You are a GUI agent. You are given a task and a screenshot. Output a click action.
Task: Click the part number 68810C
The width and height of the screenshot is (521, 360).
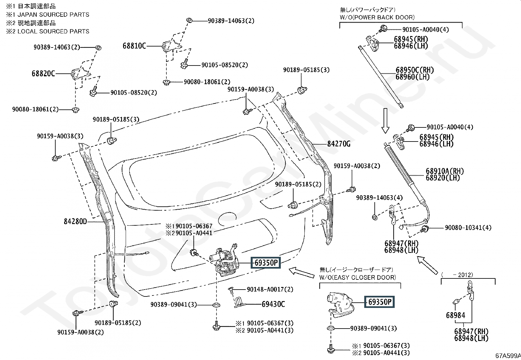[x=134, y=46]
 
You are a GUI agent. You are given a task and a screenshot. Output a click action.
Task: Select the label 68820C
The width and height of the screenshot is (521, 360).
[x=43, y=74]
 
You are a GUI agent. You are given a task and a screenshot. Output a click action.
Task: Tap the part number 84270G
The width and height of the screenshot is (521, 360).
[x=339, y=144]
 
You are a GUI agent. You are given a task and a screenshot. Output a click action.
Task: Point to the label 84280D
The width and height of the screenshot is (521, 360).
[x=75, y=221]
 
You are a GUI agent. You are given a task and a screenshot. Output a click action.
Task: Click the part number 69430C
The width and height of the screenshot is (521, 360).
[x=273, y=304]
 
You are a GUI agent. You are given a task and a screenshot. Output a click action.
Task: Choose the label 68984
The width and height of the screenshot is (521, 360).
[x=456, y=315]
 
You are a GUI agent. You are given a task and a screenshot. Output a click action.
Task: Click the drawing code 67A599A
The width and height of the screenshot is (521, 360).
[x=508, y=355]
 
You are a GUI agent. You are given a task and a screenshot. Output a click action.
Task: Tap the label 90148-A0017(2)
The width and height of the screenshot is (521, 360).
[x=270, y=289]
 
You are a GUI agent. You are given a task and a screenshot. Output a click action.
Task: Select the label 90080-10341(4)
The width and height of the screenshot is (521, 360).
[x=468, y=228]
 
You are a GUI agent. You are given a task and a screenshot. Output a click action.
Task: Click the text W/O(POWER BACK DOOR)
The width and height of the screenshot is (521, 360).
[x=377, y=17]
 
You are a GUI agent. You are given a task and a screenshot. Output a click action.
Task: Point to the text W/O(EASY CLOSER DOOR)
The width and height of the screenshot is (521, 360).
[x=357, y=277]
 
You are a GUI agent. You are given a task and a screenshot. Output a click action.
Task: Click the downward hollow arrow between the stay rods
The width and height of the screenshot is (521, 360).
[x=386, y=121]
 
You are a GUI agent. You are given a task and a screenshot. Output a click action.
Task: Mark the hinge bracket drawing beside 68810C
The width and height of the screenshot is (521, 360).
[x=171, y=46]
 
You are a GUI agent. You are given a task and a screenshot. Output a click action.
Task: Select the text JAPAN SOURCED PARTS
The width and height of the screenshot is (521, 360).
[x=53, y=15]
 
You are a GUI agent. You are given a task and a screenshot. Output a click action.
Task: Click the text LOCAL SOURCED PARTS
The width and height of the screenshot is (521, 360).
[x=53, y=31]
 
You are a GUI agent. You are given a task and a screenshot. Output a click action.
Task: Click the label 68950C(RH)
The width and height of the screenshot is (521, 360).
[x=415, y=70]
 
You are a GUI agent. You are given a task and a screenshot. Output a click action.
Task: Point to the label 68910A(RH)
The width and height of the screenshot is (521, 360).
[x=445, y=171]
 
